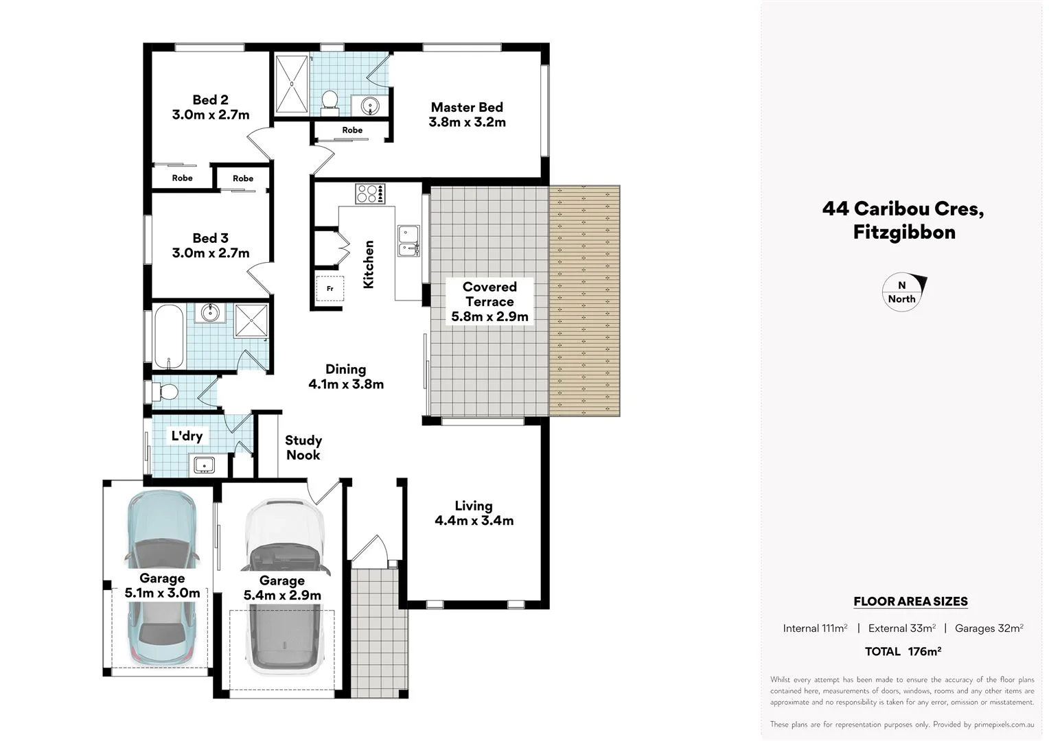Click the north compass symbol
coord(903,292)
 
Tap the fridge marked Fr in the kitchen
coord(330,289)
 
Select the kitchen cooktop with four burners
coord(370,193)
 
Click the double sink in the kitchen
coord(408,240)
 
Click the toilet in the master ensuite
coord(330,101)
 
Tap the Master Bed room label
coord(467,107)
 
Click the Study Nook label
coord(303,447)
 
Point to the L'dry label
coord(187,436)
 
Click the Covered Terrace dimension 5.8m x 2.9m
coord(489,316)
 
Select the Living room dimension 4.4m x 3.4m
coord(474,521)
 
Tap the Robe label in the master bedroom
coord(352,130)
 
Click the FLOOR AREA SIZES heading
coord(910,602)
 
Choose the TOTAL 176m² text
coord(902,651)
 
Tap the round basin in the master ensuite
coord(370,106)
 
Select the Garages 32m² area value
coord(989,628)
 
